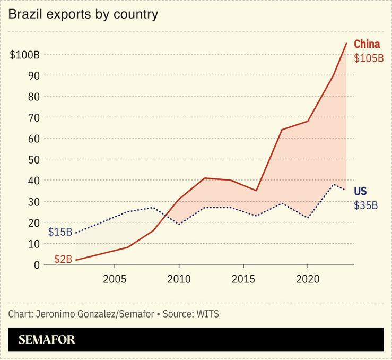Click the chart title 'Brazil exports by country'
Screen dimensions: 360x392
(x=83, y=14)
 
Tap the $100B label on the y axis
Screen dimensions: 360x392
(x=25, y=55)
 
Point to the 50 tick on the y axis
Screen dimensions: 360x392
(x=34, y=159)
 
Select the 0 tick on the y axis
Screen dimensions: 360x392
(x=37, y=264)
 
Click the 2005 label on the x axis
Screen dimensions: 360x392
(x=115, y=279)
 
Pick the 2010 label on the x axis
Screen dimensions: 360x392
(x=179, y=279)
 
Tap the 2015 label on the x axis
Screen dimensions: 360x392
(x=243, y=279)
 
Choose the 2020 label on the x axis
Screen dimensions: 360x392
(x=308, y=279)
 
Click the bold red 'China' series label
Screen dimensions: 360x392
(x=367, y=44)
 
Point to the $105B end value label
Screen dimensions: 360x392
(x=369, y=58)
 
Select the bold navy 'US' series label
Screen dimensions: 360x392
(x=360, y=191)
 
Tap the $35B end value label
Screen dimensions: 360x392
(x=366, y=205)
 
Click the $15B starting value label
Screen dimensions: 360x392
(x=60, y=232)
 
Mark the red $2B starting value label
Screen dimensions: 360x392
(x=63, y=259)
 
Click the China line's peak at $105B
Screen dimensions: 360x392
(x=346, y=44)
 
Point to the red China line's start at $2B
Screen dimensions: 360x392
(x=76, y=260)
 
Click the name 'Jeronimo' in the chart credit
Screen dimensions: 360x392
(x=55, y=314)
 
